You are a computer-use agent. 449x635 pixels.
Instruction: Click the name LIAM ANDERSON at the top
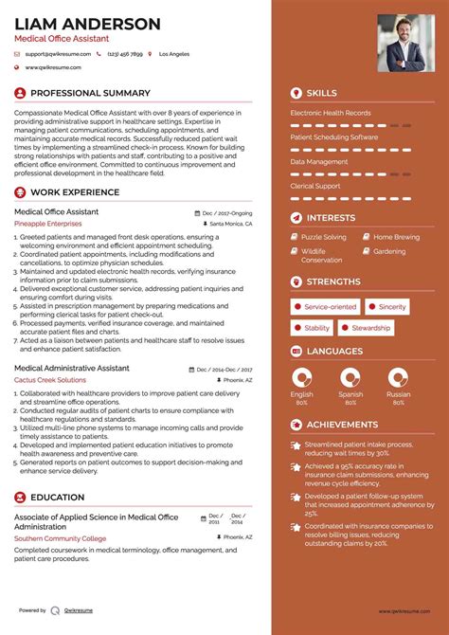(87, 23)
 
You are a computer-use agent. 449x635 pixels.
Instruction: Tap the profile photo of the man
(402, 43)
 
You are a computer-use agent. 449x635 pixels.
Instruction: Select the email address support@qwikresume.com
(58, 54)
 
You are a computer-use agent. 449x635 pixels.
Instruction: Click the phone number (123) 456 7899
(125, 54)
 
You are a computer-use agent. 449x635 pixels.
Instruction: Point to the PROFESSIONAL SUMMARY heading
(90, 93)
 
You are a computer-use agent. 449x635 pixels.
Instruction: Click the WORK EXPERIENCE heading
(75, 192)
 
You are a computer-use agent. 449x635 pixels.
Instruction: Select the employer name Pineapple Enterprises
(48, 224)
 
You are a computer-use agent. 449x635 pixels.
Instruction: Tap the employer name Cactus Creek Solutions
(50, 379)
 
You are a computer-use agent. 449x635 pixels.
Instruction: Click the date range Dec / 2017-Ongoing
(228, 213)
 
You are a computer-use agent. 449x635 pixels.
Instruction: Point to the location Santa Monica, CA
(230, 225)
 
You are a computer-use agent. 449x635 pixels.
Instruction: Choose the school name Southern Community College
(60, 538)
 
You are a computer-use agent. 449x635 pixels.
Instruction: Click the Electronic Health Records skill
(331, 113)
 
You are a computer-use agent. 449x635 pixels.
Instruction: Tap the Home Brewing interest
(396, 237)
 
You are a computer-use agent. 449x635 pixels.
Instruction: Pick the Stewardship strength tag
(370, 328)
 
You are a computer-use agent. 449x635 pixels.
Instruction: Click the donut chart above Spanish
(350, 376)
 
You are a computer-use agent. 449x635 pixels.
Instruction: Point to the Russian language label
(399, 394)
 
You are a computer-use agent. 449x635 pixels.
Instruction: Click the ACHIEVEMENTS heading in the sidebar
(342, 425)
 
